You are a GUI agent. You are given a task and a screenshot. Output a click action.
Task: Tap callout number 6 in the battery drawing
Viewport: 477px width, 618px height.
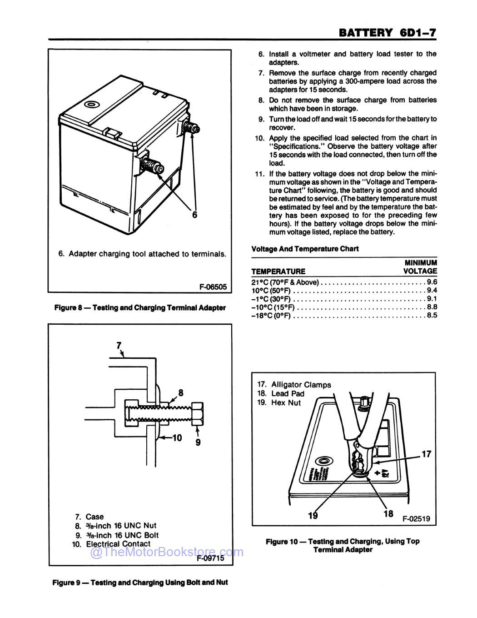click(x=195, y=215)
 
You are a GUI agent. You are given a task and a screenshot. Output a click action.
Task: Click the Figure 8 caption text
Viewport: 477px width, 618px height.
click(x=140, y=308)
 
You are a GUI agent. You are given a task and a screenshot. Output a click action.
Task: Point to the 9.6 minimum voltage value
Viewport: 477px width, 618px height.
click(x=432, y=282)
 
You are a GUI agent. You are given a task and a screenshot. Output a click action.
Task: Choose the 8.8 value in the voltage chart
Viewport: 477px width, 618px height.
click(x=432, y=307)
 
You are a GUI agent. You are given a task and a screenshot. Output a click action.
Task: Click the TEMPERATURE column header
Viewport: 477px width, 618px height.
click(x=278, y=271)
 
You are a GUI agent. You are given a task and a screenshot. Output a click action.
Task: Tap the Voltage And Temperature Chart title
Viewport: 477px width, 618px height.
click(x=305, y=249)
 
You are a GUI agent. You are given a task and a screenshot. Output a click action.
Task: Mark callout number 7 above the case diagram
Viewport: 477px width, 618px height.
click(x=119, y=345)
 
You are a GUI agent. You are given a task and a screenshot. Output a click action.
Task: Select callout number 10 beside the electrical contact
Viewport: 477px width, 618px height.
click(x=176, y=438)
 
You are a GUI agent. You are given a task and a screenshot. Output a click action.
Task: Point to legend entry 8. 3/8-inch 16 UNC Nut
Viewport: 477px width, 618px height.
click(x=115, y=526)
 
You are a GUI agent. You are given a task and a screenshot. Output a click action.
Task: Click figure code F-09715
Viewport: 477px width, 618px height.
click(x=211, y=559)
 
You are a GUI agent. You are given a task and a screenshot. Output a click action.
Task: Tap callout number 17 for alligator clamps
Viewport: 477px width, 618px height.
click(x=427, y=454)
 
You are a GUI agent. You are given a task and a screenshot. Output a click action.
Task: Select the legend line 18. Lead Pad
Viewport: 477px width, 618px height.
click(x=281, y=393)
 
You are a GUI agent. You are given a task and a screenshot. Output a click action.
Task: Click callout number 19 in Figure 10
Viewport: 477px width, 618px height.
click(x=313, y=515)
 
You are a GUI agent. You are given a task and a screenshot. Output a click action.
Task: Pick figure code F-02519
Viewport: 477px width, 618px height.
click(x=416, y=519)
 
